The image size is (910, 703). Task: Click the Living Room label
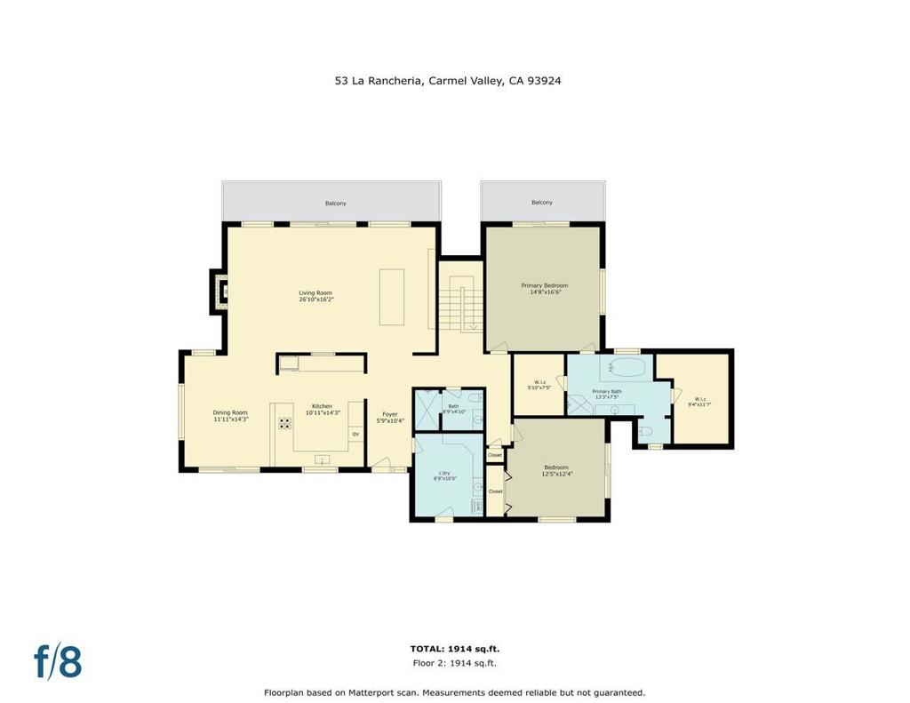[315, 296]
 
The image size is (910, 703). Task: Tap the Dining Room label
[229, 416]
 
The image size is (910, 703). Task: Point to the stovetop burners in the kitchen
[286, 424]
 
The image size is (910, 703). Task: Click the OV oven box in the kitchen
[355, 434]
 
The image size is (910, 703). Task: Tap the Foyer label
[390, 417]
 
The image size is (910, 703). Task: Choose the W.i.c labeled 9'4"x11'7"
[698, 402]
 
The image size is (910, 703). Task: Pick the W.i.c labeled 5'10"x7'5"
[539, 386]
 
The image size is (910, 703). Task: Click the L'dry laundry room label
[445, 475]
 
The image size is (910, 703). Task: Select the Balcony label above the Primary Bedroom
[542, 203]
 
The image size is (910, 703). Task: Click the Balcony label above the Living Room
[335, 204]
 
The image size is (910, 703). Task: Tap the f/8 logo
[58, 662]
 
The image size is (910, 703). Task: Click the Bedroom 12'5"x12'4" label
[557, 470]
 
